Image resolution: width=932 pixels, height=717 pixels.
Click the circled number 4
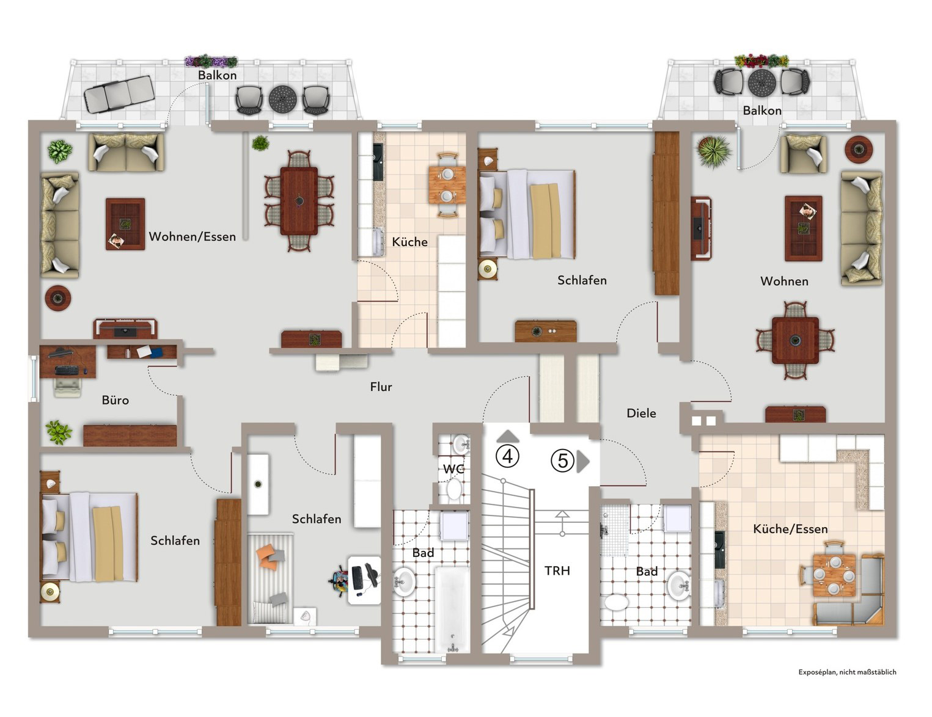point(507,456)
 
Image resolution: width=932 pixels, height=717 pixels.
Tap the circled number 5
point(562,461)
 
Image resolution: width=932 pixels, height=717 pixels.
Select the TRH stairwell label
point(557,570)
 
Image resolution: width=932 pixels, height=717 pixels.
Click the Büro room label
point(116,400)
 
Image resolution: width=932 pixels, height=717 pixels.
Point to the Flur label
point(381,387)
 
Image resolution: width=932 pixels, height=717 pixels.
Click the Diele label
point(641,413)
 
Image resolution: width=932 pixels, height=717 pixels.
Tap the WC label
point(453,469)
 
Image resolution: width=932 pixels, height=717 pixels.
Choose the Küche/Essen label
point(790,529)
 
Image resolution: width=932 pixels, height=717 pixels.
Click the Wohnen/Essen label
point(192,236)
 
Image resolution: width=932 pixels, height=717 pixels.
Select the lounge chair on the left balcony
point(119,94)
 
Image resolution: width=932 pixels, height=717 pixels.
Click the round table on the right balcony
point(761,82)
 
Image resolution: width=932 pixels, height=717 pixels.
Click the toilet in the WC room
point(453,489)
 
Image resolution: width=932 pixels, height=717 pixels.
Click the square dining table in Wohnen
point(795,340)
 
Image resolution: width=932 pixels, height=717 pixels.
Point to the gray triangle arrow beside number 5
point(582,461)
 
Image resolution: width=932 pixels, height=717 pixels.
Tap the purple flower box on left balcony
point(211,61)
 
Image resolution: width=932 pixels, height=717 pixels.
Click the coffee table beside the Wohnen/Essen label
point(125,224)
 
